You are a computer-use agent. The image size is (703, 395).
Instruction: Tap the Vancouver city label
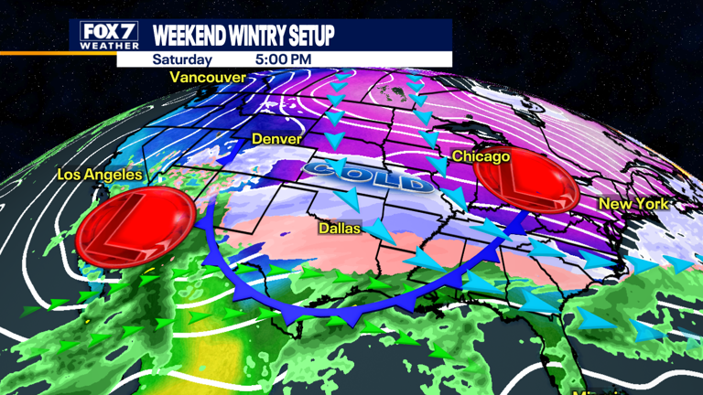[208, 79]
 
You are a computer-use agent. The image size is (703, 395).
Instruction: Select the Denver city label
[276, 140]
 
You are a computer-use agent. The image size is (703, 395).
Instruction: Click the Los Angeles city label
[100, 175]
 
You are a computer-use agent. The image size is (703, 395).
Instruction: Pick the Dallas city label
[339, 228]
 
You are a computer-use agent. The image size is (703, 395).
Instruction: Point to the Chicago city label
[481, 157]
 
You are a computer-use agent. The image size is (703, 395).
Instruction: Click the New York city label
[633, 203]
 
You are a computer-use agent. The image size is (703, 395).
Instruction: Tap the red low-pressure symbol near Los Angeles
[135, 225]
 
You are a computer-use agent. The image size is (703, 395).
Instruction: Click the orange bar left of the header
[34, 53]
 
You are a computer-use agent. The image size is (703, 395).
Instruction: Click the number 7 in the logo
[127, 32]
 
